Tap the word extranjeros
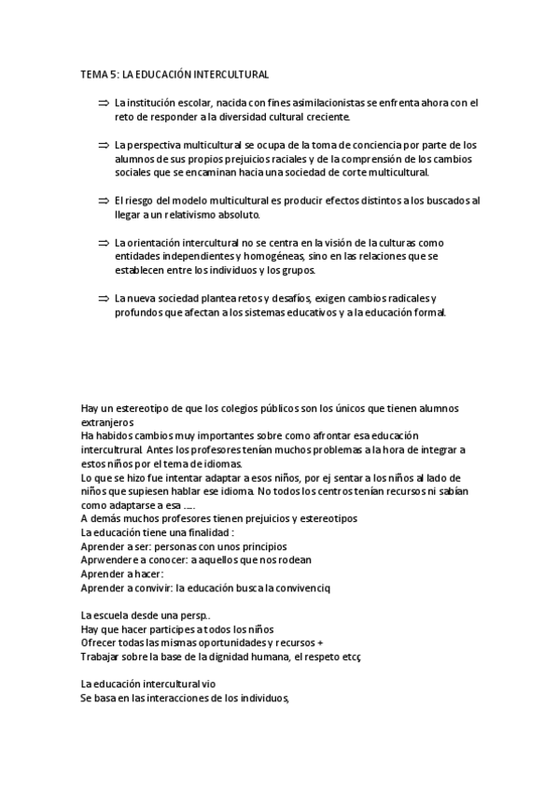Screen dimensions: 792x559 click(x=107, y=423)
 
